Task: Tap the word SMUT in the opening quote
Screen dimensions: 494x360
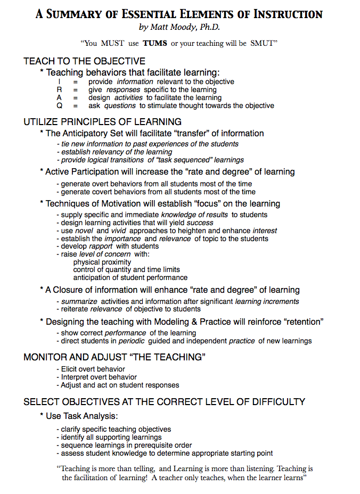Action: tap(261, 43)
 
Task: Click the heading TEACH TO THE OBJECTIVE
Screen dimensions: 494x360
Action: tap(84, 62)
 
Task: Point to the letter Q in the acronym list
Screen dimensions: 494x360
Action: tap(60, 105)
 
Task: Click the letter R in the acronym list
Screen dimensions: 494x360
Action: tap(60, 90)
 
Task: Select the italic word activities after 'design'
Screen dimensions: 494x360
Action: tap(128, 98)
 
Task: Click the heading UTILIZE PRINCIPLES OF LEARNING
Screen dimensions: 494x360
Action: tap(102, 122)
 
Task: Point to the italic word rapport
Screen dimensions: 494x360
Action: tap(101, 246)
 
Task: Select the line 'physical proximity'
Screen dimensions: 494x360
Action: tap(102, 262)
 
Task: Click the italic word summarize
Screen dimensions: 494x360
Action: tap(79, 301)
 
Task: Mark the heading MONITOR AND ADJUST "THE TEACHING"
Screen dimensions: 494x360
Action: tap(114, 357)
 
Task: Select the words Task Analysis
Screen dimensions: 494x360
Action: tap(92, 416)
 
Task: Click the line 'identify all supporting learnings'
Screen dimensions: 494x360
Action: tap(111, 437)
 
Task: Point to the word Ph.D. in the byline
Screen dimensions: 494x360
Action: tap(210, 27)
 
